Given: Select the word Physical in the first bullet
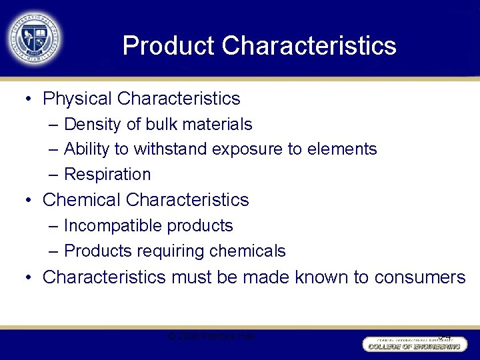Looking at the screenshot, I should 77,99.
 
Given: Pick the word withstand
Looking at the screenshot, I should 171,149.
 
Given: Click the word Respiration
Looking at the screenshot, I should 107,175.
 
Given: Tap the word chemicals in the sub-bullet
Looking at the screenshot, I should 247,251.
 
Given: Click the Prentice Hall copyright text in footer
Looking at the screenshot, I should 211,336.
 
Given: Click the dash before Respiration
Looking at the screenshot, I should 53,175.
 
